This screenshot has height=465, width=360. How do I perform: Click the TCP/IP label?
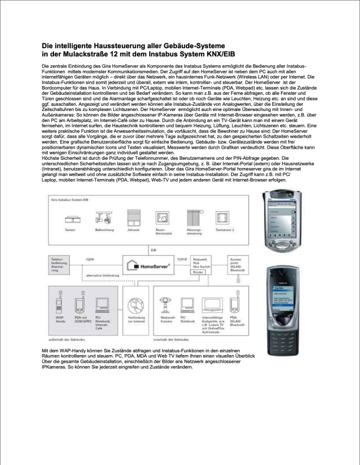[182, 259]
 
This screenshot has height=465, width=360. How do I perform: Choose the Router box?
[199, 272]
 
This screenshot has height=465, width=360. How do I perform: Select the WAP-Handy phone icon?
[59, 302]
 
